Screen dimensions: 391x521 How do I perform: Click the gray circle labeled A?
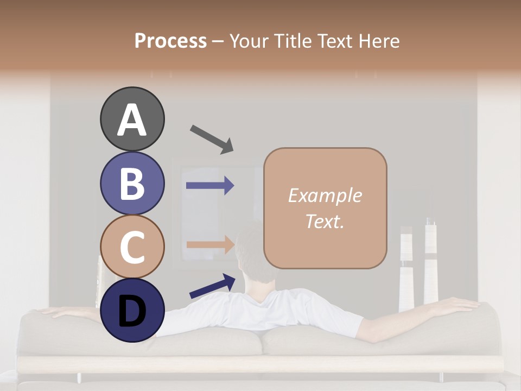[x=132, y=119]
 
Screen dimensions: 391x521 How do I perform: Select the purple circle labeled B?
[x=132, y=183]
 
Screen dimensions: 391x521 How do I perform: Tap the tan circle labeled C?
[x=132, y=247]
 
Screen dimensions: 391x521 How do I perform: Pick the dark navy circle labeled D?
[x=132, y=310]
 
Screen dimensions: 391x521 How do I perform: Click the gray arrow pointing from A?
[x=212, y=138]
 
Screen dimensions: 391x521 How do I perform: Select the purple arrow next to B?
[x=210, y=186]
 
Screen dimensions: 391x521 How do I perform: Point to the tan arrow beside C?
[x=210, y=244]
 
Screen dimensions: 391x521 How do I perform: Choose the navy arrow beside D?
[x=212, y=286]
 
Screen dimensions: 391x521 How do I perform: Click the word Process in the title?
[x=170, y=41]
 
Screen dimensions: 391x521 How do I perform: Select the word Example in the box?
[x=325, y=195]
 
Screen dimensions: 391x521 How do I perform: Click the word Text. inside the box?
[x=325, y=221]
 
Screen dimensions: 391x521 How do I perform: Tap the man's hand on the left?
[x=46, y=311]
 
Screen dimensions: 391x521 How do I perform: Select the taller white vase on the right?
[x=431, y=261]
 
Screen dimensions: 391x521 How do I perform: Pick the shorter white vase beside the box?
[x=406, y=269]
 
